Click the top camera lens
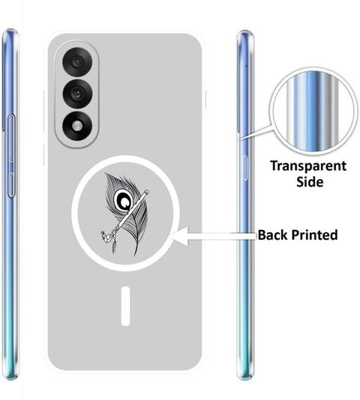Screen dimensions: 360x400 [x=77, y=62]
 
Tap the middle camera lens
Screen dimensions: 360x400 [x=77, y=94]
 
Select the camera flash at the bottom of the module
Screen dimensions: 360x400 [x=77, y=126]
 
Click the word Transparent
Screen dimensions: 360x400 [x=308, y=166]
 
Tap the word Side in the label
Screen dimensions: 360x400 [x=310, y=182]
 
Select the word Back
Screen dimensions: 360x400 [x=272, y=234]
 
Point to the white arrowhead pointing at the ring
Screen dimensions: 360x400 [x=179, y=236]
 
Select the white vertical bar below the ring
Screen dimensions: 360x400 [x=125, y=306]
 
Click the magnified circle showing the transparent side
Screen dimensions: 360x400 [x=313, y=112]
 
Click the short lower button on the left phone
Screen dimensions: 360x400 [x=11, y=185]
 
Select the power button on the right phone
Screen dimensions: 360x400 [x=244, y=168]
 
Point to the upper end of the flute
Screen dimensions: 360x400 [x=147, y=192]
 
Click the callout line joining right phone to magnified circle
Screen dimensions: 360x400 [x=256, y=132]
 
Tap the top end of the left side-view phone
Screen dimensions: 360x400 [x=10, y=31]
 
